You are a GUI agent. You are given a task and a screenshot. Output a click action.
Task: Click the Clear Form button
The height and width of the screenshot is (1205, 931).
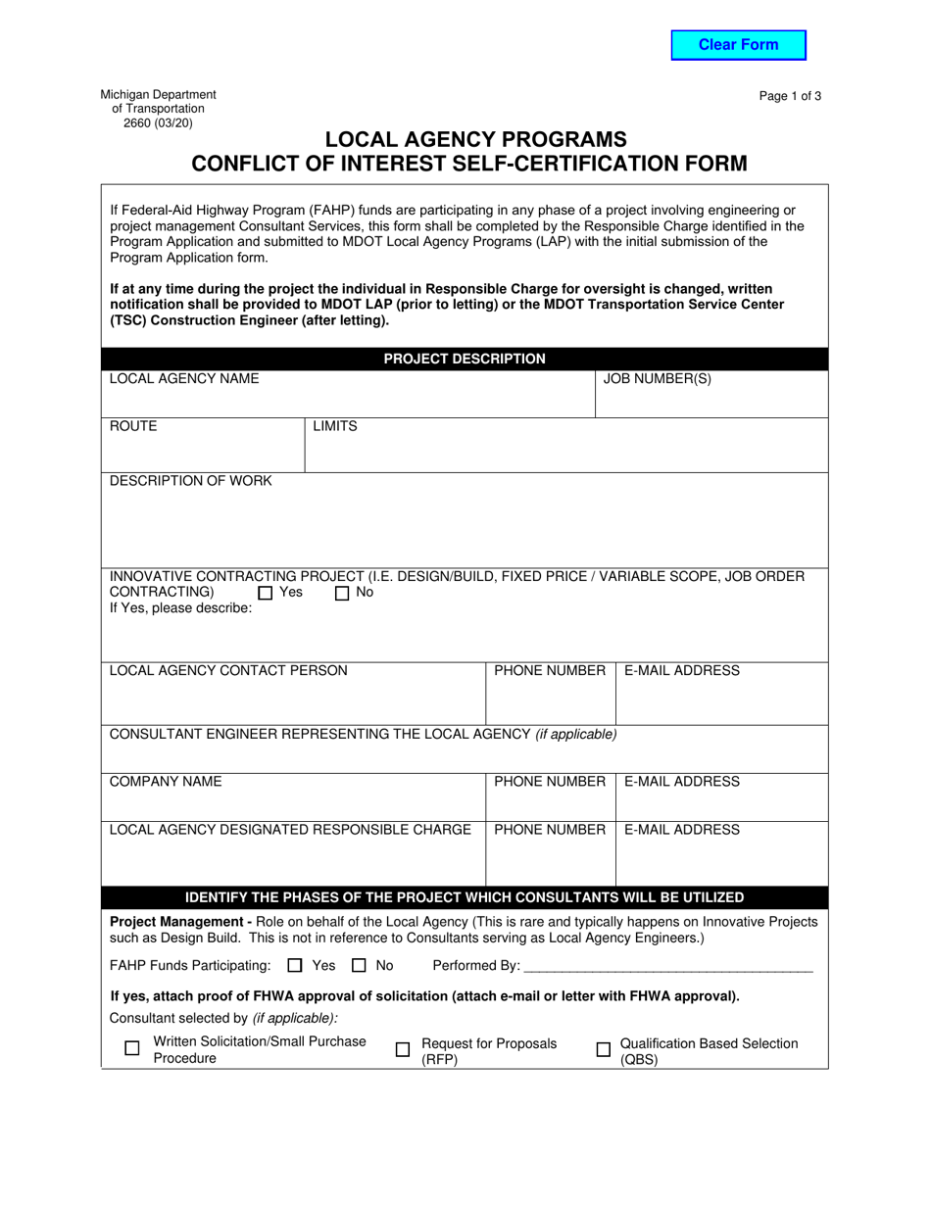pos(738,45)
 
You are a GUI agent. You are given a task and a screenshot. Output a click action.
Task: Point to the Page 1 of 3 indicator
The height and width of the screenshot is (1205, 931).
pos(790,96)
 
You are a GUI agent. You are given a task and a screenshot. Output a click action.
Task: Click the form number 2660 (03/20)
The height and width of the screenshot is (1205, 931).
pos(158,123)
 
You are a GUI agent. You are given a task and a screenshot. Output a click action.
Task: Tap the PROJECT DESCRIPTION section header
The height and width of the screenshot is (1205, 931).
pos(465,360)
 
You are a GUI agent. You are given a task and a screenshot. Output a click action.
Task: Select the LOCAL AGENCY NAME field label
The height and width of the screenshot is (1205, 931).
pos(184,379)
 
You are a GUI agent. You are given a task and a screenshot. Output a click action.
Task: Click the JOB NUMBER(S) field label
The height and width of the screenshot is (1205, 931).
pos(657,379)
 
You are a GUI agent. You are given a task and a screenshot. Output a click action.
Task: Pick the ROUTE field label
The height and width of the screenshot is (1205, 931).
pos(133,426)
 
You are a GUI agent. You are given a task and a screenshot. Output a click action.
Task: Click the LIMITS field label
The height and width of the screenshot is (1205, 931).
pos(335,426)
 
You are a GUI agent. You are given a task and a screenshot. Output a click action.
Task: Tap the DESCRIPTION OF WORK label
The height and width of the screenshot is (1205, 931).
pos(191,481)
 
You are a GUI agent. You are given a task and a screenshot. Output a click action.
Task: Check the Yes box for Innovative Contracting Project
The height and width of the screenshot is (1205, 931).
pos(266,593)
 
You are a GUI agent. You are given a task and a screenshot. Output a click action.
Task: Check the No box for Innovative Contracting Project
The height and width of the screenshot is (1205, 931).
pos(342,593)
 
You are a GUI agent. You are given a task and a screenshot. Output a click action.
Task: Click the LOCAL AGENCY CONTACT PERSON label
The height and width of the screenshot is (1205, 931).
pos(228,671)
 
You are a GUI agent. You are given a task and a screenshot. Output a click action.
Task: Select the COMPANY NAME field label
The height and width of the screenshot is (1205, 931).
pos(166,782)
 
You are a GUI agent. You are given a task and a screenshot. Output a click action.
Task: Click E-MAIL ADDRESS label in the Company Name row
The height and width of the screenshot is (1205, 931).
pos(682,782)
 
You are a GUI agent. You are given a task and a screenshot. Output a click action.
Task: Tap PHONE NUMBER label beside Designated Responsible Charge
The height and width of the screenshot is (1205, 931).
pos(550,830)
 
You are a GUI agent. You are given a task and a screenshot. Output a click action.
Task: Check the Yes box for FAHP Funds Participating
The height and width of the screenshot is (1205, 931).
pos(296,966)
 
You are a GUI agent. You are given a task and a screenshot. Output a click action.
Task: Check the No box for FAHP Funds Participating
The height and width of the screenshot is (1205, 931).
pos(360,966)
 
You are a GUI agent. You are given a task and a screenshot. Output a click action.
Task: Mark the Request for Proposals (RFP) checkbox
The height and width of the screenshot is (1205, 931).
pos(403,1049)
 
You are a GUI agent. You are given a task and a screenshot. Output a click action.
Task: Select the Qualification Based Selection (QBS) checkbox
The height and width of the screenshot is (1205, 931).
pos(604,1049)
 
